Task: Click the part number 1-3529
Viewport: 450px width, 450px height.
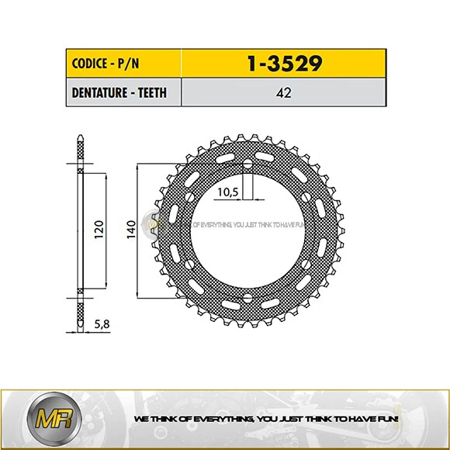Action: coord(284,63)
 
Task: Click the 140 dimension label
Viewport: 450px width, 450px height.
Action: coord(131,230)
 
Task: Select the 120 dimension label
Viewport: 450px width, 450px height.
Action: coord(98,230)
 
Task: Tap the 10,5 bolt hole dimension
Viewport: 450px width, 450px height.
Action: coord(229,191)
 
